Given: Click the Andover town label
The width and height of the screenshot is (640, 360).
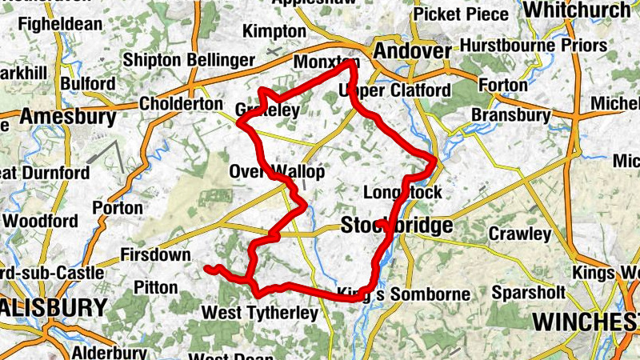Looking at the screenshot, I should click(413, 51).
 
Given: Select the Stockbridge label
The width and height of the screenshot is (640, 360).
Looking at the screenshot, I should click(397, 226).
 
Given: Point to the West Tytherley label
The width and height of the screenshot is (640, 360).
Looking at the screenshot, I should click(259, 313).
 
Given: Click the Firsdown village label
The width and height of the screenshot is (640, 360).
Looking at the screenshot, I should click(155, 255).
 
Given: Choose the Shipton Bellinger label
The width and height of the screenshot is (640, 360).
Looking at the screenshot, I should click(189, 60).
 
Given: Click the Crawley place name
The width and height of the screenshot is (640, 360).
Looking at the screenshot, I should click(520, 234).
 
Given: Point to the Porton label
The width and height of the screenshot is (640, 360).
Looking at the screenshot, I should click(118, 208).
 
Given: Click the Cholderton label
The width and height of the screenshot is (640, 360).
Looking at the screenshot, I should click(181, 104).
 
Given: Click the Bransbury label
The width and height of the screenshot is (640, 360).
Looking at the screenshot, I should click(510, 116).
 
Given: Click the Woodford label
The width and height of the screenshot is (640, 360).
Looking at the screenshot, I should click(40, 221).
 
